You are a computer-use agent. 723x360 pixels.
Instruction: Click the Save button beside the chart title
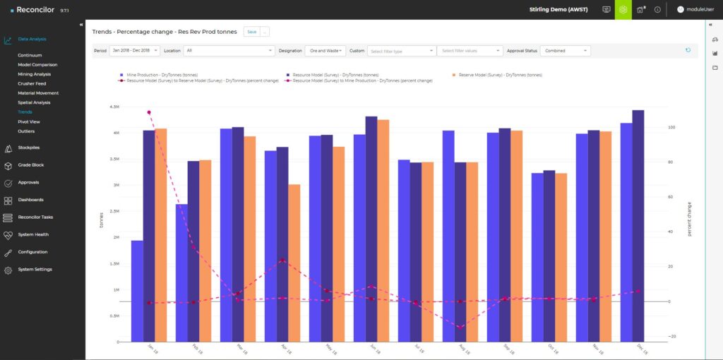(x=251, y=32)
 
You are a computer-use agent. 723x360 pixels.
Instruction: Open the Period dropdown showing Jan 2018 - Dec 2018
(x=134, y=51)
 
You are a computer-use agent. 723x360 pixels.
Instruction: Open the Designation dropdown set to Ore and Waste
(x=325, y=51)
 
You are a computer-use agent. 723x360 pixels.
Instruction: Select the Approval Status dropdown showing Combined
(x=566, y=51)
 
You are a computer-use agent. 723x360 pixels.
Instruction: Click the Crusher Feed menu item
(x=32, y=83)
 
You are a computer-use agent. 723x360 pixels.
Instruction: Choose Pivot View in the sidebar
(x=29, y=121)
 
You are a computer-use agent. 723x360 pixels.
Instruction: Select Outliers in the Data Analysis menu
(x=26, y=131)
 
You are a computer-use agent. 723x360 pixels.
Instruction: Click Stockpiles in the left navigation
(x=29, y=148)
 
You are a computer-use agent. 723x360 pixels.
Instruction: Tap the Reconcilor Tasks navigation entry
(x=35, y=217)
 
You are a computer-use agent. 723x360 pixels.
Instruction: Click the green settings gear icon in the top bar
(x=623, y=10)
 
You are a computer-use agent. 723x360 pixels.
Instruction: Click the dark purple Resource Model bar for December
(x=638, y=226)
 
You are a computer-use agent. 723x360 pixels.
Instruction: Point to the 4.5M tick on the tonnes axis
(x=114, y=107)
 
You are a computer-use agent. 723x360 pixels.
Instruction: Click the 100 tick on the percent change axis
(x=672, y=128)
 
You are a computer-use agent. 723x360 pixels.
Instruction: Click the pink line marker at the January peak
(x=148, y=112)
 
